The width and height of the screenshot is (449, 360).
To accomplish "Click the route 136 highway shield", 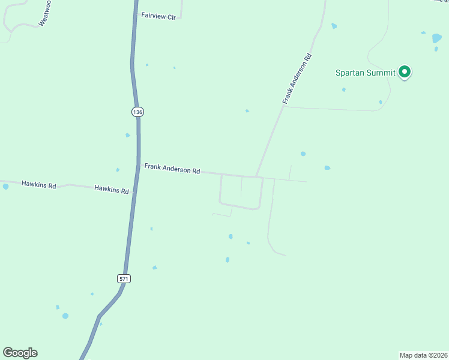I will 137,112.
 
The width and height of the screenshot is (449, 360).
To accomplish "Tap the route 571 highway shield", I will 124,278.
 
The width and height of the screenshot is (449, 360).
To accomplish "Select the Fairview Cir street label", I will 158,17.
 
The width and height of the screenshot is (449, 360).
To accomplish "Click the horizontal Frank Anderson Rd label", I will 172,170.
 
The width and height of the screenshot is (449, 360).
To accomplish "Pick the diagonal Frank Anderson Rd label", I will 298,79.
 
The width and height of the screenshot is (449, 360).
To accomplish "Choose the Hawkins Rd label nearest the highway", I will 112,190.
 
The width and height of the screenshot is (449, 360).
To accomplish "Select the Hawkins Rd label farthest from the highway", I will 38,185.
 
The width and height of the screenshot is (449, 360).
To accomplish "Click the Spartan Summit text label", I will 365,73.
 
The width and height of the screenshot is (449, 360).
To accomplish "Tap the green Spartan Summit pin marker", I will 405,72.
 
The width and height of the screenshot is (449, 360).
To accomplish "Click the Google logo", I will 20,353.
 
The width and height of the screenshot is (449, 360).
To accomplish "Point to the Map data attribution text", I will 423,355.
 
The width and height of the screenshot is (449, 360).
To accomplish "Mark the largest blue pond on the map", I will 437,38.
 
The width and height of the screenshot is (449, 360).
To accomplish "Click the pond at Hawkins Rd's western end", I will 5,187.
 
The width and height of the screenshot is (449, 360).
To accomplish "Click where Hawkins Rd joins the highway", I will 133,193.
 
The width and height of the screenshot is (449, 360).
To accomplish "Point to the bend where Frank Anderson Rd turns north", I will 257,176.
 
